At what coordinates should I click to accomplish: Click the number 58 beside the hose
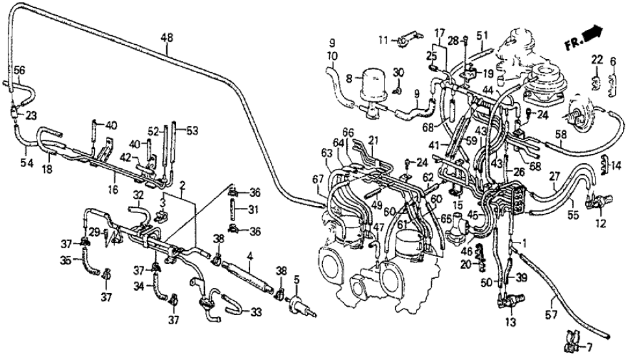560,136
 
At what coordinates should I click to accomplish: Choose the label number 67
316,179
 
